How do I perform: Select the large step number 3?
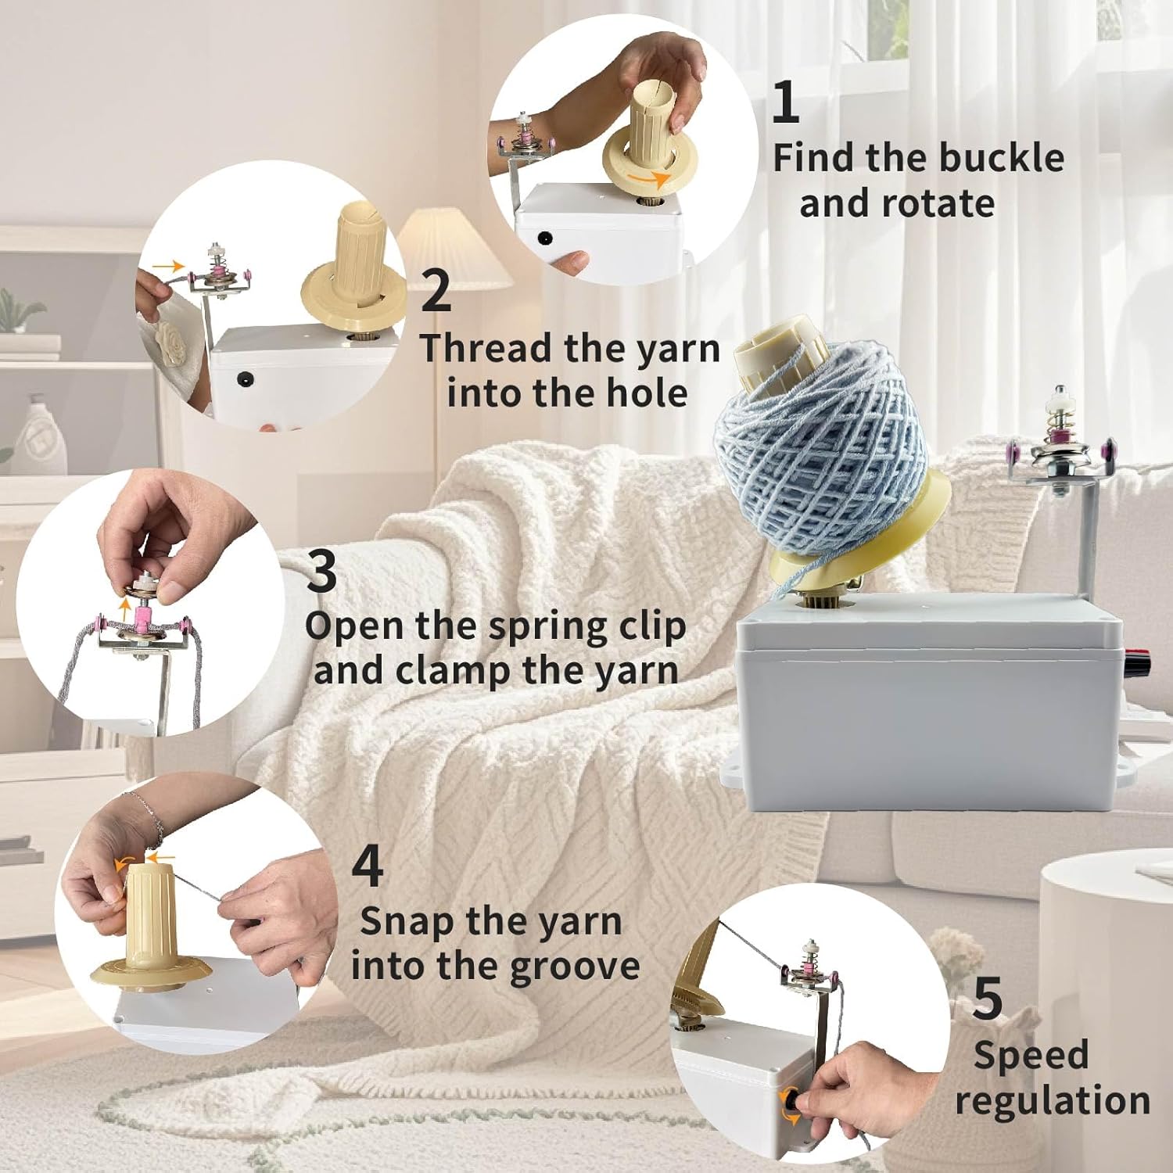click(x=321, y=572)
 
